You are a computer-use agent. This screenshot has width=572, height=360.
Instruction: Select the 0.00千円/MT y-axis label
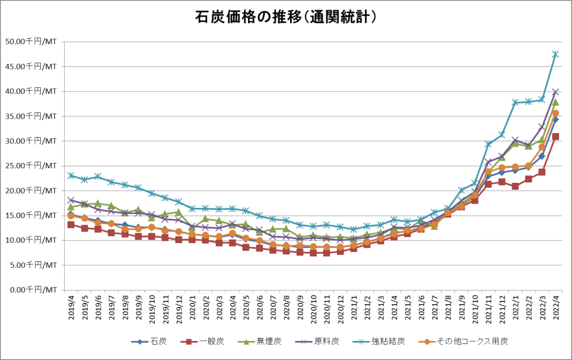(32, 290)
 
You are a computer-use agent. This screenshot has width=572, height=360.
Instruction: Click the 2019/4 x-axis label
(71, 309)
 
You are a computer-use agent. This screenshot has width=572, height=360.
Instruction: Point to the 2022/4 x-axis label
(555, 309)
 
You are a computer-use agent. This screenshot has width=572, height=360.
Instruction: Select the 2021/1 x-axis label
(354, 309)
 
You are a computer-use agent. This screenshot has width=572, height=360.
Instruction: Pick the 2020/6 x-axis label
(260, 309)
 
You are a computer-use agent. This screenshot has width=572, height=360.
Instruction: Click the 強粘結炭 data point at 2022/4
(555, 54)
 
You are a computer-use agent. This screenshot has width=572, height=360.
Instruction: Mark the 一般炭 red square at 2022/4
(555, 136)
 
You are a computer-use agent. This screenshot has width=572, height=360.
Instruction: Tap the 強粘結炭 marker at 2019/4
(71, 175)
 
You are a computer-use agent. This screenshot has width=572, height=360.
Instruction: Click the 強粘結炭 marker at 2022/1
(515, 102)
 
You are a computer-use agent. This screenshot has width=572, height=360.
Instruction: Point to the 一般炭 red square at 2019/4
(71, 224)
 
